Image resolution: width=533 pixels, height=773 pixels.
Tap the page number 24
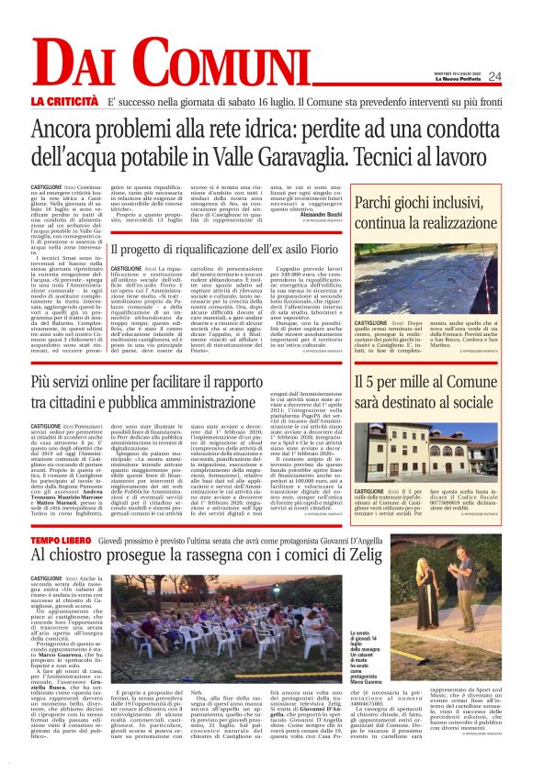(x=495, y=76)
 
